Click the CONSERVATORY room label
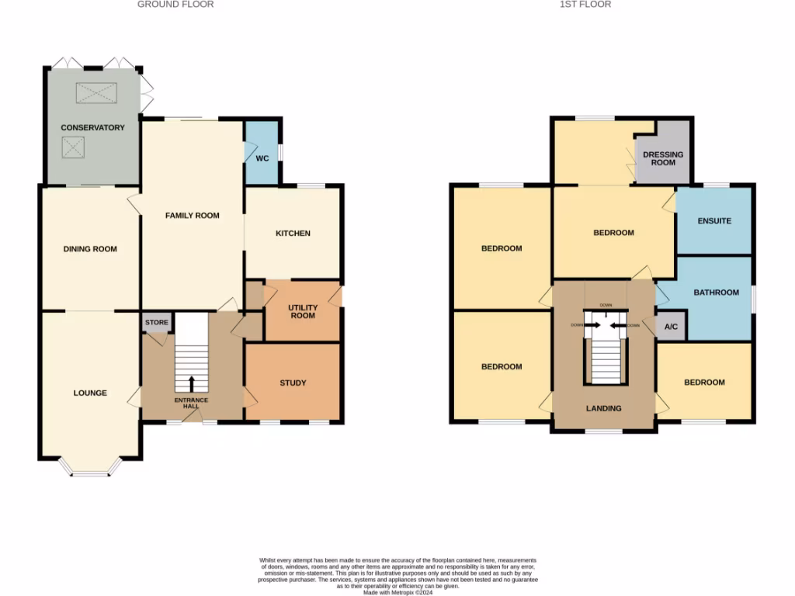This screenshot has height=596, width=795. pos(92,127)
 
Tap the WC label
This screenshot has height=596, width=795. pos(262,158)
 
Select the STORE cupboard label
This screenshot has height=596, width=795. pos(156,322)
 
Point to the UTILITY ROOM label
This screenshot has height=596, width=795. pos(303,311)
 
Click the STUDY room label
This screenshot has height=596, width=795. pos(293,383)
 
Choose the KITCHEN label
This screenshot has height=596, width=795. pos(293,233)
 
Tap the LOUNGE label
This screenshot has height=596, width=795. pos(90,393)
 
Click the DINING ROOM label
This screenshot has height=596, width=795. pos(90,249)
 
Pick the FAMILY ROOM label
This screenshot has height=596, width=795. pos(192,216)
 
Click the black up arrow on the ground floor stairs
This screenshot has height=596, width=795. pos(192,383)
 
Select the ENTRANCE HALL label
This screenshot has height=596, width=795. pos(191,403)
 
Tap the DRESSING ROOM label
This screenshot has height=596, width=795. pos(663,158)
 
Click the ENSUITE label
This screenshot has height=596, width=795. pos(714,221)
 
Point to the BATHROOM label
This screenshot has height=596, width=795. pos(716,293)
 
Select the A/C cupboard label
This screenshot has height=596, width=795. pos(672,327)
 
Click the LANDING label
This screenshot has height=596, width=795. pos(603,408)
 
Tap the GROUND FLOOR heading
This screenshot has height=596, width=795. pos(175,5)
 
